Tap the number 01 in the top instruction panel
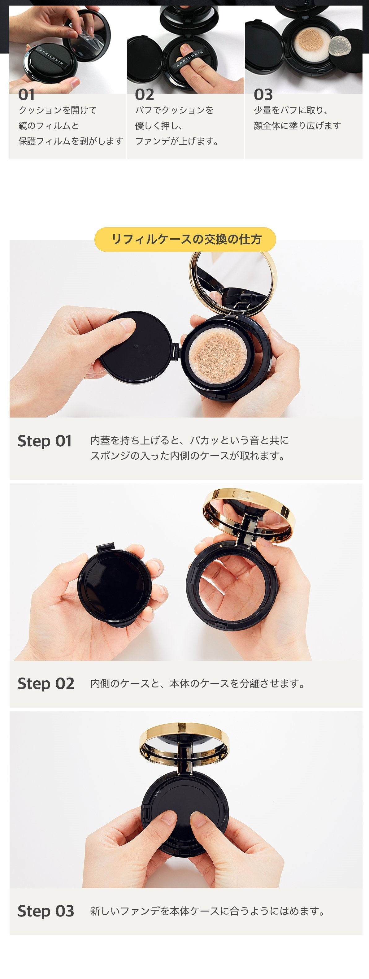(x=26, y=94)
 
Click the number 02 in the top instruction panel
(x=144, y=94)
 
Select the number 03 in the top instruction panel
(x=263, y=94)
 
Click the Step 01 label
(x=45, y=441)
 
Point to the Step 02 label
(x=46, y=683)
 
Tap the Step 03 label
(x=46, y=911)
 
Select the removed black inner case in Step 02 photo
(x=114, y=583)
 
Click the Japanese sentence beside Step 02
(x=198, y=683)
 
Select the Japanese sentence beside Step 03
(x=207, y=911)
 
